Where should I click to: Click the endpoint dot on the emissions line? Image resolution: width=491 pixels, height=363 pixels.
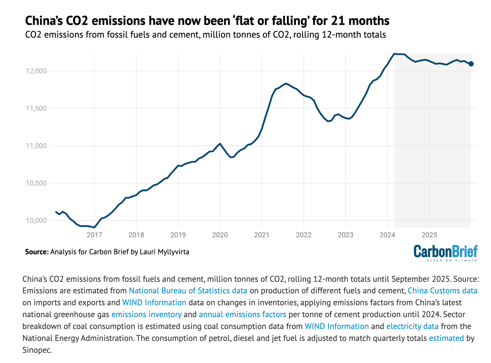coord(471,64)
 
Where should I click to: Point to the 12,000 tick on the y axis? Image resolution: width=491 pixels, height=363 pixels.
coord(36,71)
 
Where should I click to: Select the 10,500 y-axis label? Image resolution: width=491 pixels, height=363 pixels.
coord(36,183)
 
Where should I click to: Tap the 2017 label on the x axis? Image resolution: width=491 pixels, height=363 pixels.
coord(94,235)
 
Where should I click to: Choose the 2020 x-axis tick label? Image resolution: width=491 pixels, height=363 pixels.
coord(220,235)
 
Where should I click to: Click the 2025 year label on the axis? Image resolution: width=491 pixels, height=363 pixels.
coord(429,235)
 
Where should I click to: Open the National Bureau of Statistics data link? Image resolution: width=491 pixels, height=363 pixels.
coord(188,291)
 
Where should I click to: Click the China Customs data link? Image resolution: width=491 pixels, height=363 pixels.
coord(442,291)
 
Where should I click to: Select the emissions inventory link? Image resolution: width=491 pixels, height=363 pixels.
coord(146,315)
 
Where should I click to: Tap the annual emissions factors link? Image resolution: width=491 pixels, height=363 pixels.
coord(242,315)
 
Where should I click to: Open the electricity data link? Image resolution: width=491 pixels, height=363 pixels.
coord(412,327)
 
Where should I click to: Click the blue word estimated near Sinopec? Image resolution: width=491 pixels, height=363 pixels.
coord(446,338)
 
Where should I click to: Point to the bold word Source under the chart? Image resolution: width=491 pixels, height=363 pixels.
coord(37,252)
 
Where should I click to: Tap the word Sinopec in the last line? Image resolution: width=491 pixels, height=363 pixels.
coord(37,350)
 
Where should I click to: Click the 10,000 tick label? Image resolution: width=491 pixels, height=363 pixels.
coord(36,220)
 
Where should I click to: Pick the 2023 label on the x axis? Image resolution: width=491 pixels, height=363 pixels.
coord(345,235)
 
